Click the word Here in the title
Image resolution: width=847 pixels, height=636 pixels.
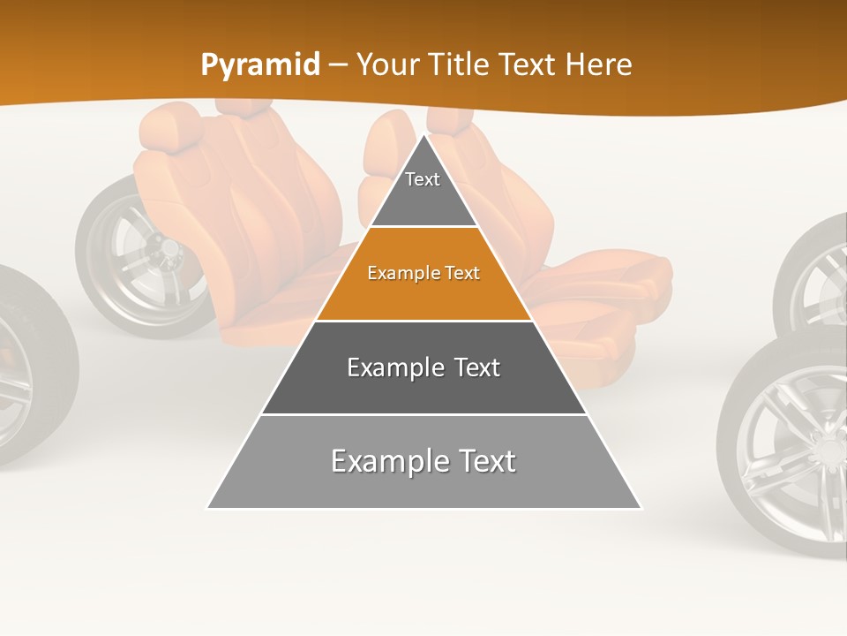point(599,65)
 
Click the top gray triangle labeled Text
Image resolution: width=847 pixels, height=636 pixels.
point(423,190)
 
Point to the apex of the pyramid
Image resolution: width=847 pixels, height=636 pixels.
point(424,137)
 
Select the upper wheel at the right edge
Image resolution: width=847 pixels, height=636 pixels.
point(816,274)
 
